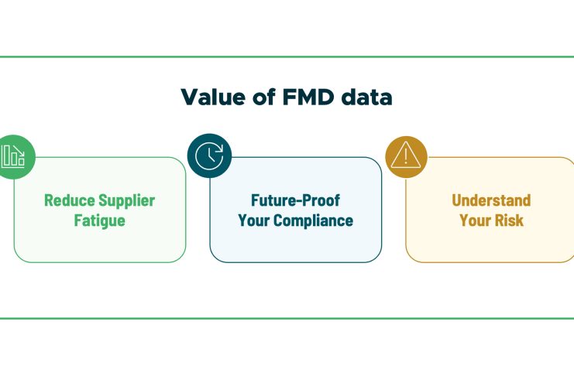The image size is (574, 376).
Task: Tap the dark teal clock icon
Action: click(x=208, y=156)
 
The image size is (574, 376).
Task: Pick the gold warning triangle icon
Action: click(x=407, y=156)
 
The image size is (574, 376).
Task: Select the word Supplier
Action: click(x=127, y=200)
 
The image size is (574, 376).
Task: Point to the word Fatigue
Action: click(x=99, y=220)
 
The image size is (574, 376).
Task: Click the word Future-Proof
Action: click(x=295, y=200)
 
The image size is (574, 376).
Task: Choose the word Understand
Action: click(x=491, y=200)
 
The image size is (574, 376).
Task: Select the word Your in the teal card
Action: click(x=253, y=220)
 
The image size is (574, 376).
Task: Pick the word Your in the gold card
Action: click(x=476, y=220)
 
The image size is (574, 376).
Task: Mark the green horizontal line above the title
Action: click(x=287, y=56)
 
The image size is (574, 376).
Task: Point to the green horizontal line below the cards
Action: click(x=287, y=318)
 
